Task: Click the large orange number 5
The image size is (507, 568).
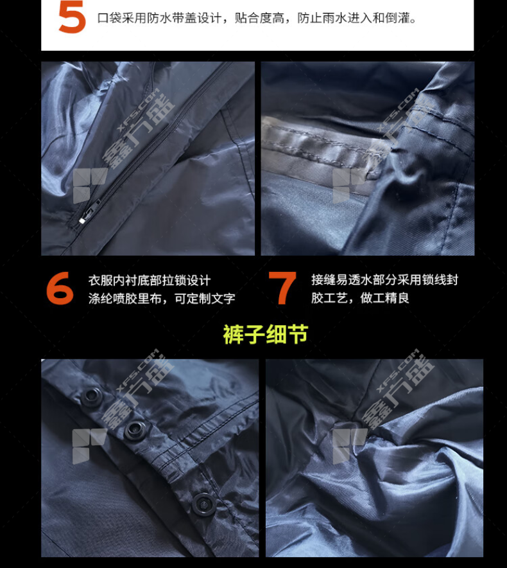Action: point(72,17)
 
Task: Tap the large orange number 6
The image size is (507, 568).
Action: point(60,288)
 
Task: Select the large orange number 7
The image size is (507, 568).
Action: point(282,288)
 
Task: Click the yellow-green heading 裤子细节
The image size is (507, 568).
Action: point(265,334)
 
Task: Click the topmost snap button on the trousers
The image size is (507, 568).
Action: point(91,395)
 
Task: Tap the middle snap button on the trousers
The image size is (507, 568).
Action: point(134,430)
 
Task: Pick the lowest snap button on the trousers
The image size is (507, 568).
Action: point(203,504)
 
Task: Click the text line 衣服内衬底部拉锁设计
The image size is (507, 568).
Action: point(150,280)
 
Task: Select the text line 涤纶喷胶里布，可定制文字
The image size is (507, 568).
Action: point(162,299)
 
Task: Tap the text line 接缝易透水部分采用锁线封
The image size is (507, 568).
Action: point(384,280)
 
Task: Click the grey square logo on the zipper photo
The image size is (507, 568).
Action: point(90,186)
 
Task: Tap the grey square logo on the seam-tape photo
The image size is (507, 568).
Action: point(350,186)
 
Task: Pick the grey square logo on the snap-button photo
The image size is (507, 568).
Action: point(90,447)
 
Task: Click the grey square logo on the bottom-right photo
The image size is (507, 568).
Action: point(350,447)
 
